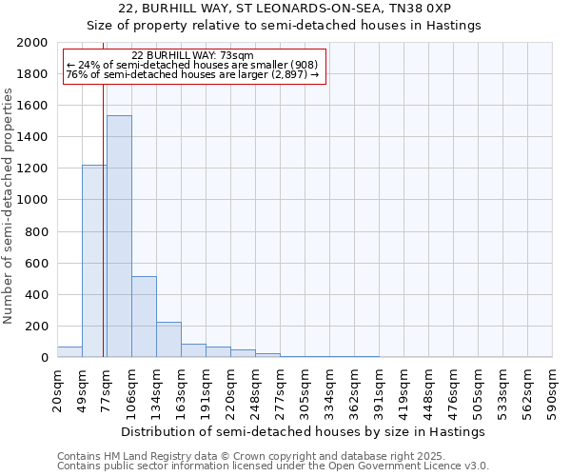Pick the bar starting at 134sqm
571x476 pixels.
[x=168, y=339]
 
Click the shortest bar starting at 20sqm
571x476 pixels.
[x=69, y=352]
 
